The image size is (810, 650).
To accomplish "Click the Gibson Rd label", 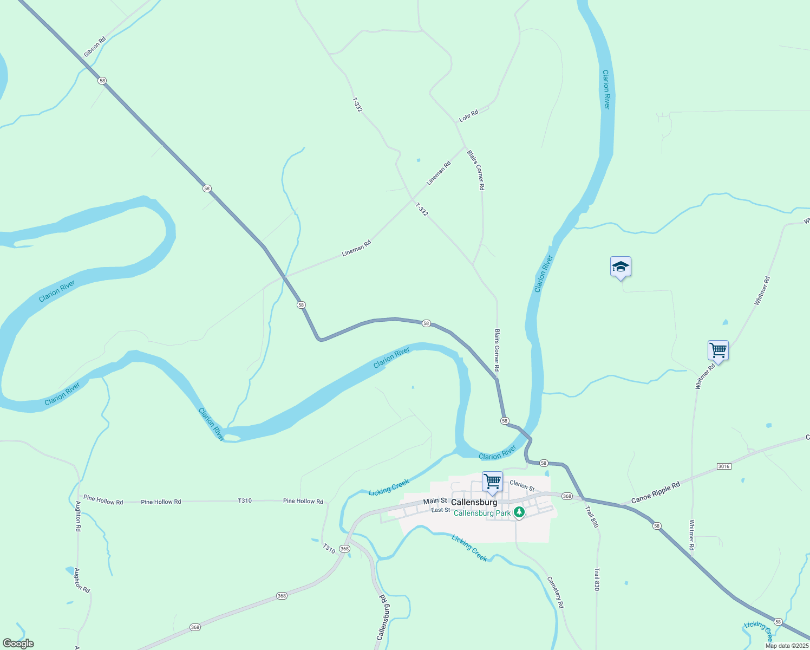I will click(95, 47).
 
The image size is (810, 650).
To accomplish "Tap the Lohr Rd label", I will click(469, 115).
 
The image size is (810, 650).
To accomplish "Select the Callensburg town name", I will click(474, 502).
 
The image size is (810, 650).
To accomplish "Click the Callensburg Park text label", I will click(482, 513).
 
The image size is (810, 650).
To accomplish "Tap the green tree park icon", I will click(519, 511).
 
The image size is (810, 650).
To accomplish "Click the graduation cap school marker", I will click(620, 267).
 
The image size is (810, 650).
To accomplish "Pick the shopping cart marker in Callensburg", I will click(492, 481).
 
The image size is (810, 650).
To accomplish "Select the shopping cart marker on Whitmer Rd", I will click(718, 350).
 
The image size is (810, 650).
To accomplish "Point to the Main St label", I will click(435, 501).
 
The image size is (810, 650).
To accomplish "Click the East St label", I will click(441, 510).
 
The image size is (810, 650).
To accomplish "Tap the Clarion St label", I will click(522, 485).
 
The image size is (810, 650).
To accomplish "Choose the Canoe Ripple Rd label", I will click(655, 493).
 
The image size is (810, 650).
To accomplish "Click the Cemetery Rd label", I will click(556, 592).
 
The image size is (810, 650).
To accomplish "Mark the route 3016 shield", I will click(723, 466).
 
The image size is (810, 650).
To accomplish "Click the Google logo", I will click(18, 643).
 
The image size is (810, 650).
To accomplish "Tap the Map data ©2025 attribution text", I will click(786, 646).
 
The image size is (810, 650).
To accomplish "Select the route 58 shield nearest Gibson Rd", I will click(102, 81).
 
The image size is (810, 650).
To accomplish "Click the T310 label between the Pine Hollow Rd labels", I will click(245, 500).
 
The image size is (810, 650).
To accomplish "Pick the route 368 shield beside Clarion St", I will click(566, 496).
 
